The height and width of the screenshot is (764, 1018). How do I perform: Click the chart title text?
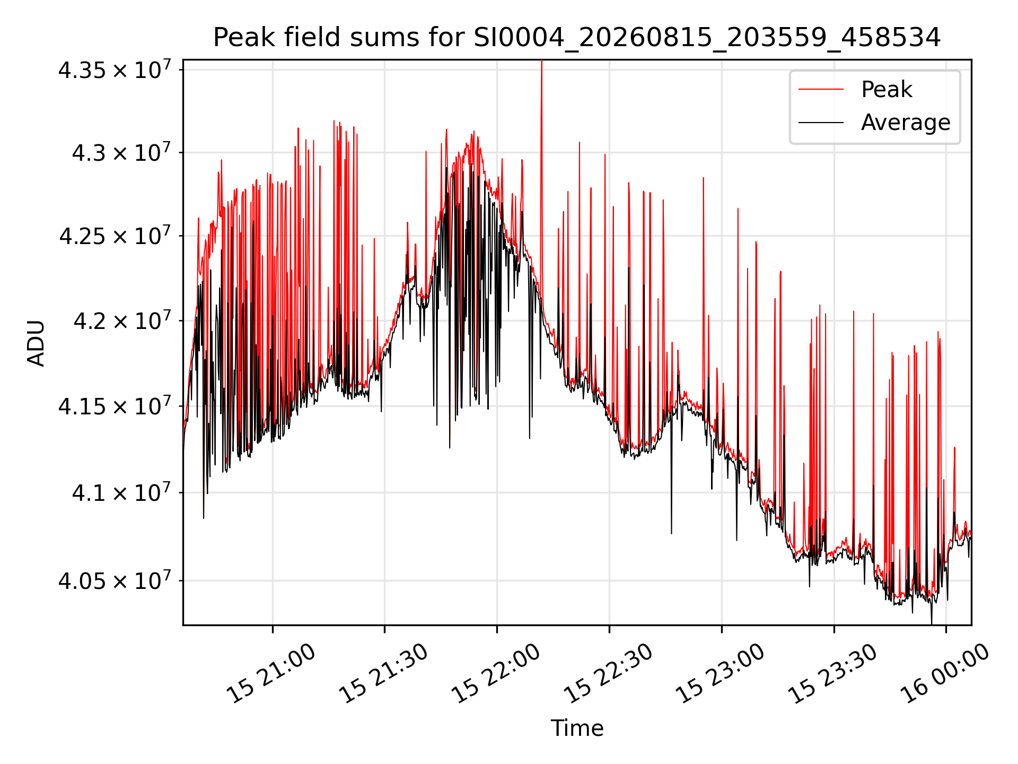[x=577, y=38]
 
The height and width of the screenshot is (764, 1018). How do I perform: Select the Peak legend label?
[x=887, y=90]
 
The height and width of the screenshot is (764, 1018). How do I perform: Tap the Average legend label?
[x=906, y=123]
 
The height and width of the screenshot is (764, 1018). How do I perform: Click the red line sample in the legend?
[x=821, y=90]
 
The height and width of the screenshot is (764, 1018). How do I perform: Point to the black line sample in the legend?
[x=821, y=123]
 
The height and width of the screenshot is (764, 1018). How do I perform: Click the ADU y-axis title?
[x=36, y=343]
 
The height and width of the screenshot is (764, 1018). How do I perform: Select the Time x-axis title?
[x=577, y=728]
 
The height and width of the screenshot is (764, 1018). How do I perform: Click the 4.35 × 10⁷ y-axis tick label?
[x=115, y=70]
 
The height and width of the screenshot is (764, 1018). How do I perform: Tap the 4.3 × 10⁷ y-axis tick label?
[x=122, y=153]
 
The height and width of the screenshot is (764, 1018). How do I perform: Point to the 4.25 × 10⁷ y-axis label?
[x=115, y=236]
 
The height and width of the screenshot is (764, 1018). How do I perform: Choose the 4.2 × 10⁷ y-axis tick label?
[x=122, y=320]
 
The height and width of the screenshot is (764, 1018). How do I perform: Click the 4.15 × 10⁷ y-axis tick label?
[x=115, y=406]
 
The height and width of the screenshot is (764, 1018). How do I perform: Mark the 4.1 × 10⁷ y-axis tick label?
[x=122, y=493]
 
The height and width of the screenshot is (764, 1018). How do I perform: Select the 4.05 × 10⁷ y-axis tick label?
[x=115, y=580]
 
